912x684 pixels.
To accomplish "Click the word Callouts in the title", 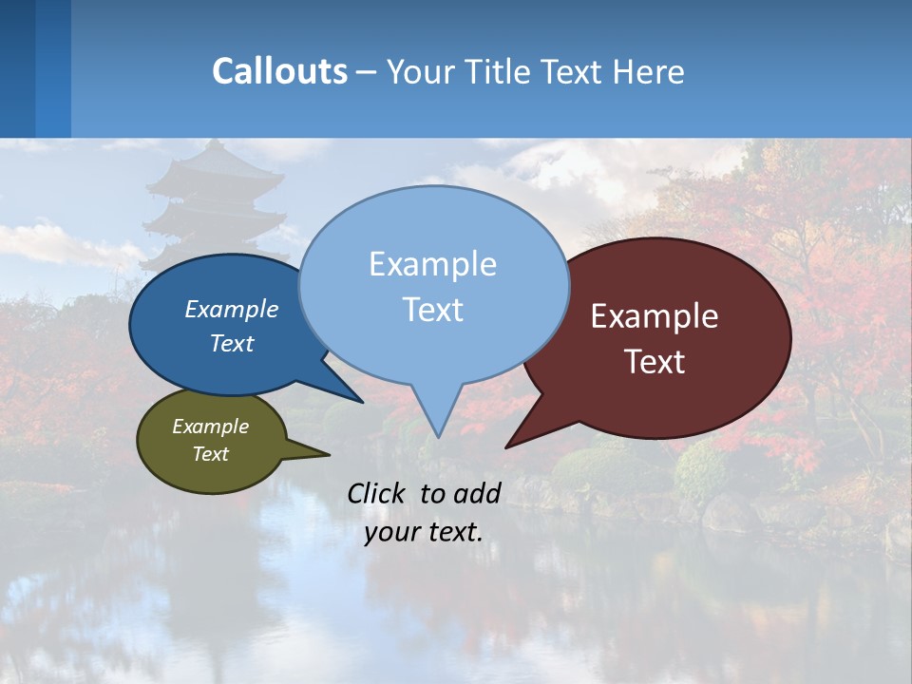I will point(279,71).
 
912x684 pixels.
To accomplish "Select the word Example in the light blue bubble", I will point(432,264).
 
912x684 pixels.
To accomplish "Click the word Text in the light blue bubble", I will point(432,310).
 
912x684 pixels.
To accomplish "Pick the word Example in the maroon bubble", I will point(655,316).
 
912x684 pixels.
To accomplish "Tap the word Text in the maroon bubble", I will point(655,362).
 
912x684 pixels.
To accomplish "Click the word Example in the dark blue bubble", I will point(232,309).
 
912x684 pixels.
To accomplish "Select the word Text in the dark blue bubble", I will point(232,343).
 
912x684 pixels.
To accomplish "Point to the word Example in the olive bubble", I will point(210,427).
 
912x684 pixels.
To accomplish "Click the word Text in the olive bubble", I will point(210,454).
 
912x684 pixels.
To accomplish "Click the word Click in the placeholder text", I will point(378,493).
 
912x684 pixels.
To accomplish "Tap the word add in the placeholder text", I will point(477,493).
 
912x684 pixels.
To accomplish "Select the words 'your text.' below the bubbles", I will point(423,532).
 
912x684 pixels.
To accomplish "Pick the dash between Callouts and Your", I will point(367,72).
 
